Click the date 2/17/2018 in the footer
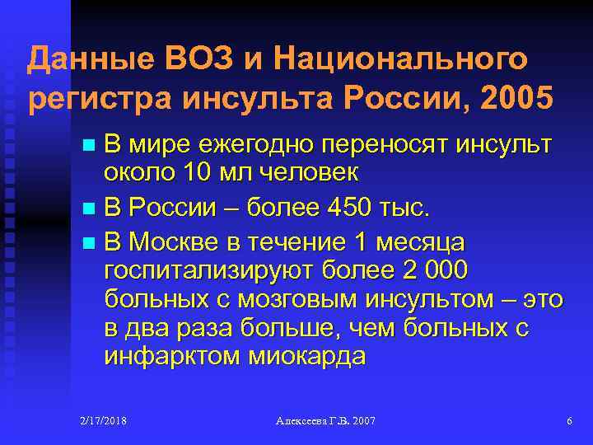103,421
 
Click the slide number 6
569,421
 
